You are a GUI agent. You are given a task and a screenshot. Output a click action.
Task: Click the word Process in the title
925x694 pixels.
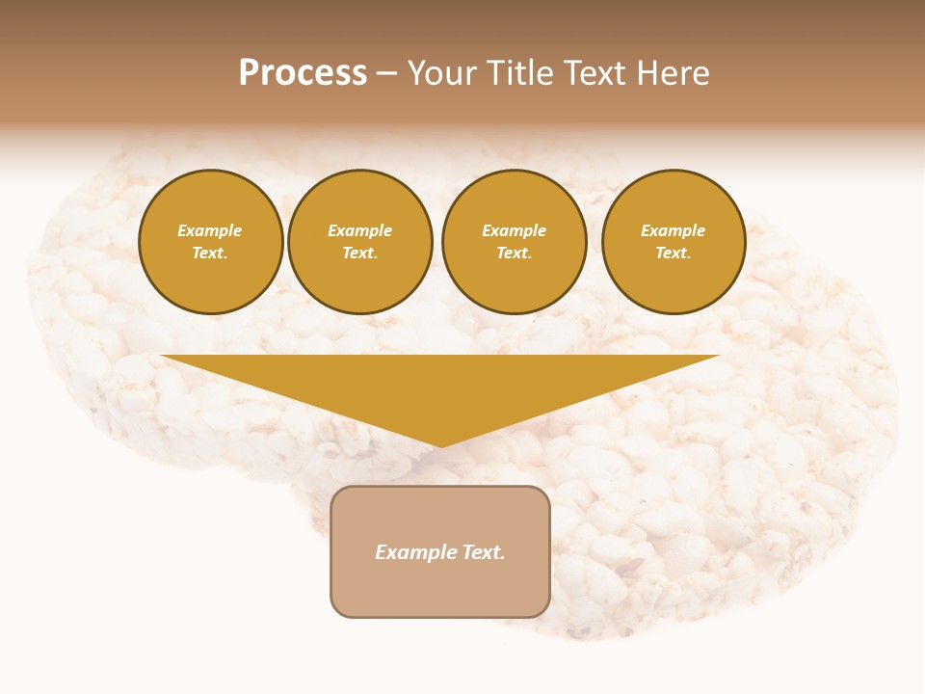[303, 73]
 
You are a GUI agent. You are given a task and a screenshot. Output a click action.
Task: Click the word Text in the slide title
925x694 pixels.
[596, 73]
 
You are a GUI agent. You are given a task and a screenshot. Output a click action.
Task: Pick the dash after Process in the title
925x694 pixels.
[387, 74]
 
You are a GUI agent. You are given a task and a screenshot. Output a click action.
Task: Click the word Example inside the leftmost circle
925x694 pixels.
[210, 230]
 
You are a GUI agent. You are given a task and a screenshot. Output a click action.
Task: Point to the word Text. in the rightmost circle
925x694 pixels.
[674, 253]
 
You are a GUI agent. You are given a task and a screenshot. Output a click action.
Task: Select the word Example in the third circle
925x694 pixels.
[515, 230]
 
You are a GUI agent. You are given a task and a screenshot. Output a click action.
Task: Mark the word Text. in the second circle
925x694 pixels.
[360, 253]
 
